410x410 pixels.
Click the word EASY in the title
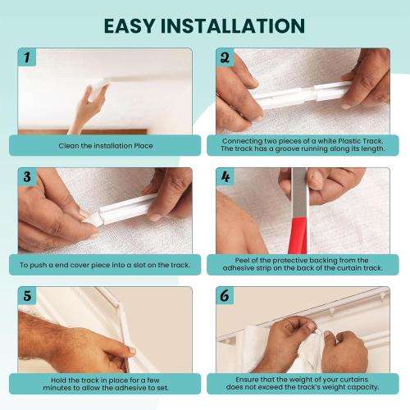pos(130,25)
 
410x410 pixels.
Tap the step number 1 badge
pos(27,57)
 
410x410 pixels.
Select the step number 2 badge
pos(225,57)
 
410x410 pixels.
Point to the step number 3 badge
pos(27,176)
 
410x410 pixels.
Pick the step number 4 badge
pos(225,176)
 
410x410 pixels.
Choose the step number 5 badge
pos(27,296)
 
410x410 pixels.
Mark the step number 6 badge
pos(225,296)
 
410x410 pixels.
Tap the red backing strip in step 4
pos(298,235)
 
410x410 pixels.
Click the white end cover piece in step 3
pos(93,219)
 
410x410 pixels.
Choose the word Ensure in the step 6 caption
pos(247,380)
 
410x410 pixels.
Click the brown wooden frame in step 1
pos(83,132)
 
